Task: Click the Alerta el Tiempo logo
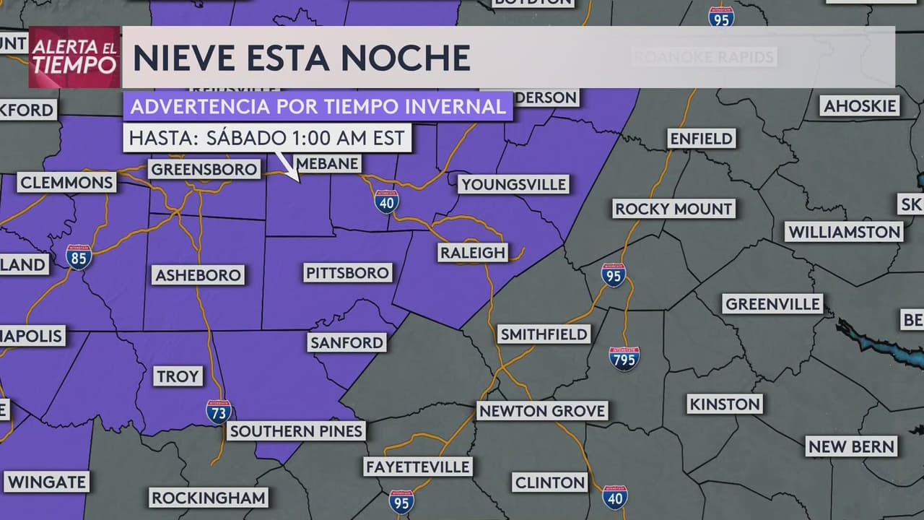click(74, 56)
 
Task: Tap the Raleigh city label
click(473, 253)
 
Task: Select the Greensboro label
click(204, 170)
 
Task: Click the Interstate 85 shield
click(78, 257)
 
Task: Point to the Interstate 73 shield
click(219, 412)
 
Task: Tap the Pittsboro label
click(348, 273)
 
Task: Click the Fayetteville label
click(418, 467)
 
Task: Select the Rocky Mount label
click(674, 209)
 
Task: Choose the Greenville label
click(773, 303)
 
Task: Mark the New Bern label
click(852, 447)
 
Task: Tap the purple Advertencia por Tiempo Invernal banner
click(318, 107)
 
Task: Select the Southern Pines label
click(297, 432)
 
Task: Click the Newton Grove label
click(542, 412)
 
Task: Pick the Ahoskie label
click(860, 106)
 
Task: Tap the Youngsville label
click(513, 184)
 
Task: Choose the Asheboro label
click(198, 275)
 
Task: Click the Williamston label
click(844, 233)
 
